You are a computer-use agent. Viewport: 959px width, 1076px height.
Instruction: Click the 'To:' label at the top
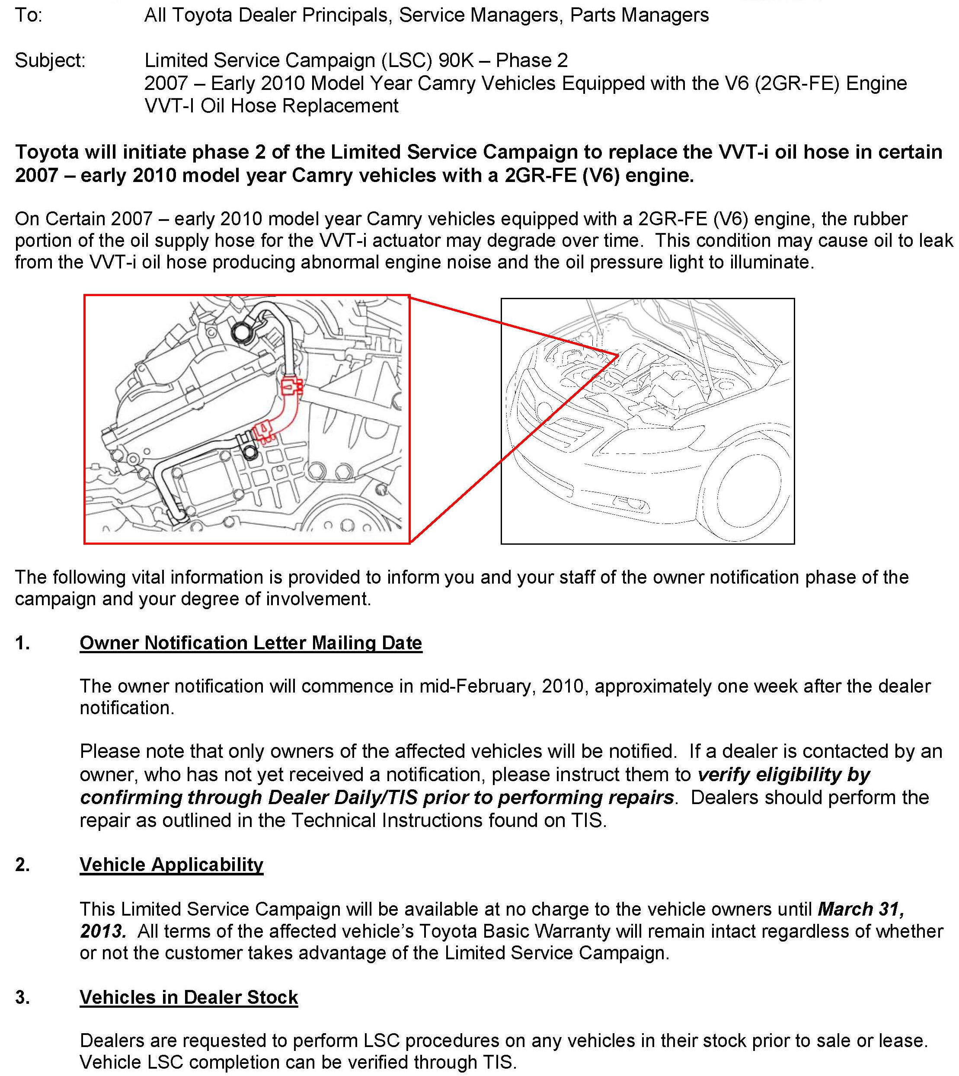click(29, 15)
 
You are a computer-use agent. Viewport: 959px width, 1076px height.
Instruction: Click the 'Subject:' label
click(50, 61)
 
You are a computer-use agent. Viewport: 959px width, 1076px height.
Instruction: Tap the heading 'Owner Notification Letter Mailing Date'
click(251, 643)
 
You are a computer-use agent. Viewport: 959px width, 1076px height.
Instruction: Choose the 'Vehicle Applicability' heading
click(171, 865)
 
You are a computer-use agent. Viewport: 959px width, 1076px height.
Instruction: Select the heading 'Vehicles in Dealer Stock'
click(189, 997)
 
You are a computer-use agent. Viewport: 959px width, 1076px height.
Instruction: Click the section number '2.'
click(22, 865)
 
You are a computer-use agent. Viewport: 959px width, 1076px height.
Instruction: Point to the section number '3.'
click(22, 997)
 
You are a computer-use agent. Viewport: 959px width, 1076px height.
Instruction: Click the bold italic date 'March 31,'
click(861, 909)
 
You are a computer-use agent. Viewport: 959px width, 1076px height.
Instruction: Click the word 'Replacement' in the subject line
click(341, 106)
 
